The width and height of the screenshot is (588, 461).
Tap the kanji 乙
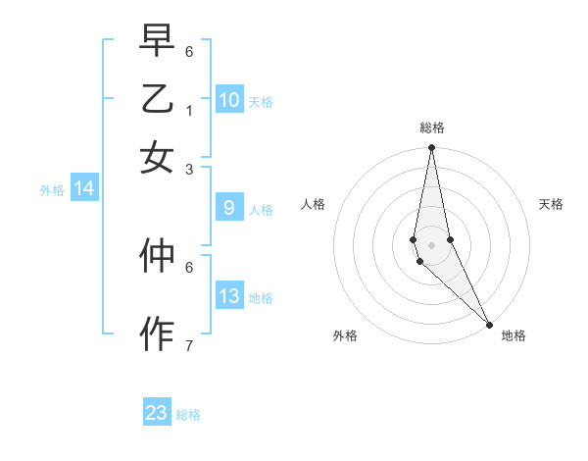point(157,99)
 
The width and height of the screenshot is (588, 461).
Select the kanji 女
point(157,158)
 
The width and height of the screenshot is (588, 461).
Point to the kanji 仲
point(157,256)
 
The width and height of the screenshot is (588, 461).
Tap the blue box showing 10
point(229,100)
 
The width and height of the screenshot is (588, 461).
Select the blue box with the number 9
point(229,208)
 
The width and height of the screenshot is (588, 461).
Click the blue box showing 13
point(229,296)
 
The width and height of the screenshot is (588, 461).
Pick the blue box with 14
point(84,189)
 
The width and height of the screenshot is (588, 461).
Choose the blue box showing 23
point(157,413)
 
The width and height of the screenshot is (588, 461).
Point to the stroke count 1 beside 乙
point(189,111)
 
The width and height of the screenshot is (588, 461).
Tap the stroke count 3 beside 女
point(189,170)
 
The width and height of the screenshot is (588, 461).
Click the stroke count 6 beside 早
point(189,51)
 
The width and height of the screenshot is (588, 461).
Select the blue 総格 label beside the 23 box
point(188,415)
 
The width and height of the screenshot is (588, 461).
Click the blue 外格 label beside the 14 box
point(52,190)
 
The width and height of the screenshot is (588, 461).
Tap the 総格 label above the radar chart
point(431,128)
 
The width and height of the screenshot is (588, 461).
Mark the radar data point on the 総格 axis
point(431,148)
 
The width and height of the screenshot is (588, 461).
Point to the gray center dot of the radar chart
point(431,244)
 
